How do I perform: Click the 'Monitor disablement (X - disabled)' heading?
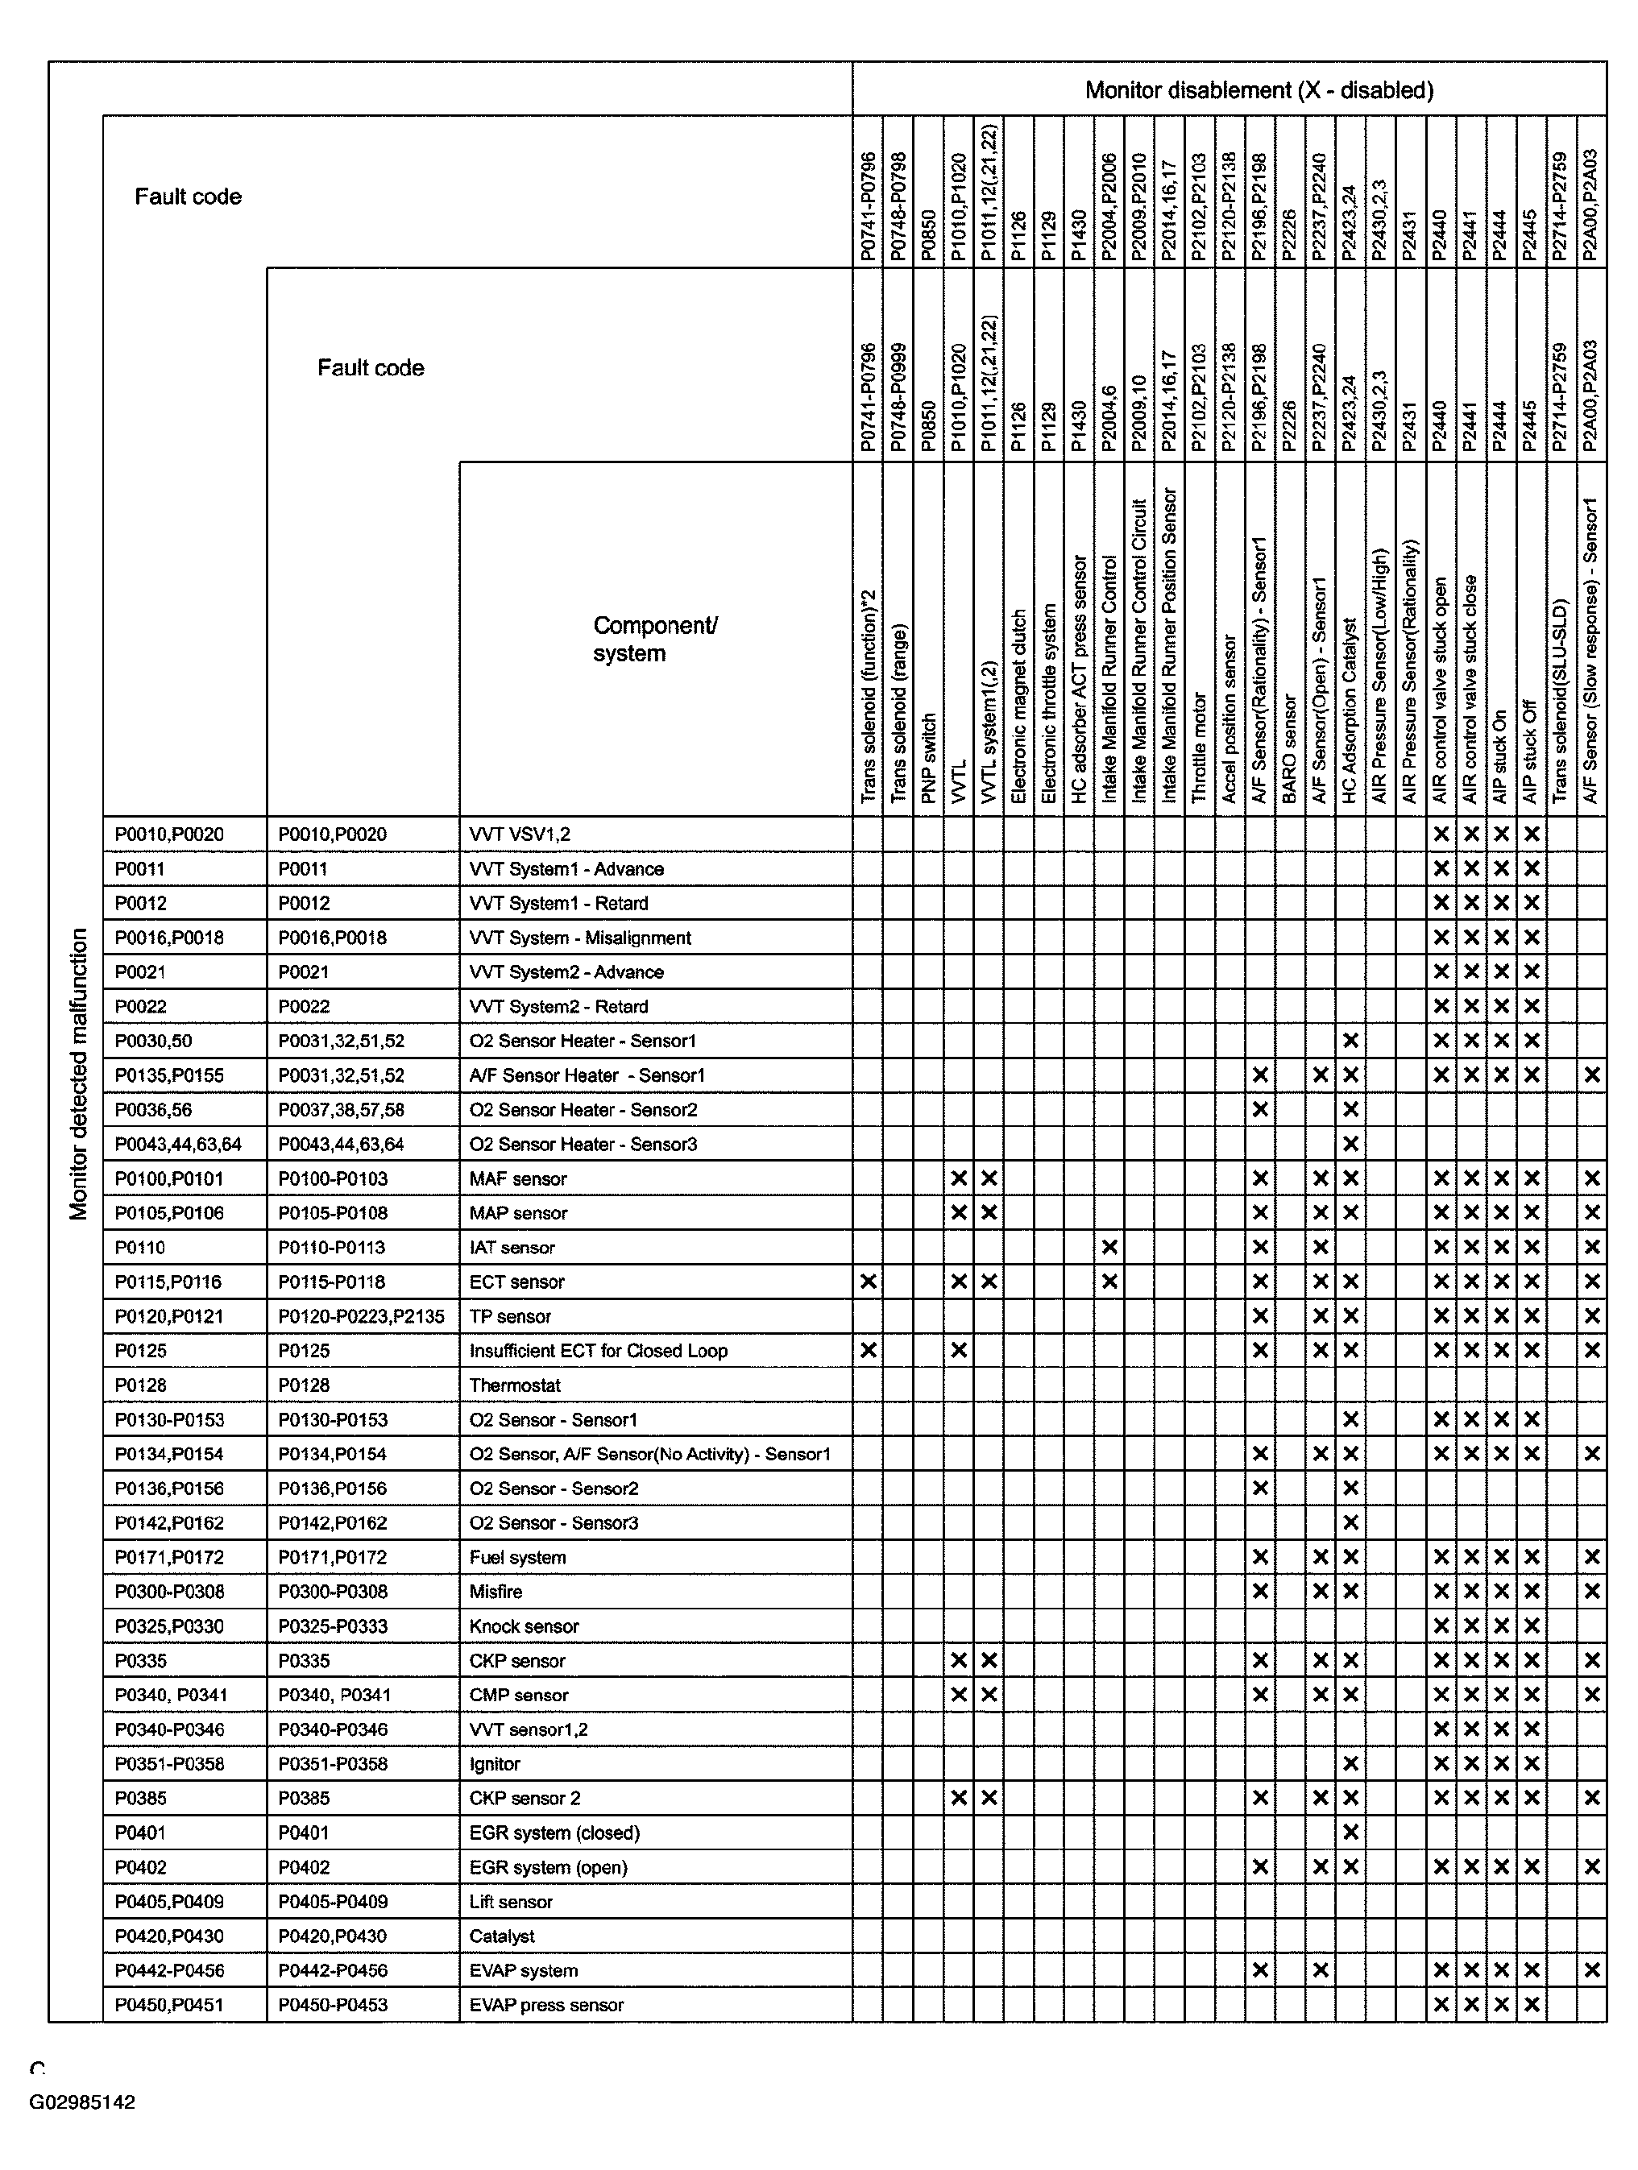(x=1259, y=90)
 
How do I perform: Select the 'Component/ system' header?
(x=654, y=640)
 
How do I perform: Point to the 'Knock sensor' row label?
(x=523, y=1626)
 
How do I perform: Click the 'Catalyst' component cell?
(x=501, y=1936)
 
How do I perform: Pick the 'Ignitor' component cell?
(x=495, y=1764)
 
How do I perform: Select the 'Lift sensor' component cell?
(x=510, y=1901)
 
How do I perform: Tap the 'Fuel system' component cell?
(x=517, y=1557)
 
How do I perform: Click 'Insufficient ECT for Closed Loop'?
(x=598, y=1351)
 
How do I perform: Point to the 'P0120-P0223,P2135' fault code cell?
(x=361, y=1316)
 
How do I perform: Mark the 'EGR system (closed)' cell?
(x=554, y=1832)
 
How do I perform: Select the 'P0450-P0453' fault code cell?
(x=333, y=2004)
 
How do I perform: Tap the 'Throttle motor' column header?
(x=1198, y=747)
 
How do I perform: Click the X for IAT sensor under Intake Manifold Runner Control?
(x=1109, y=1248)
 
